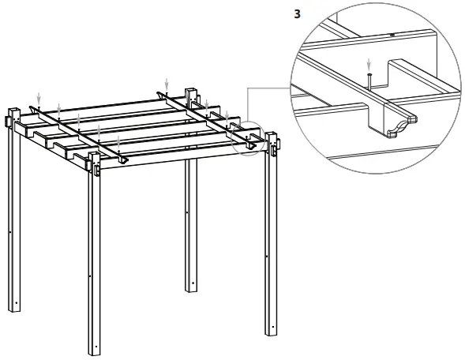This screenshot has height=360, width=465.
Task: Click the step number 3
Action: pos(296,13)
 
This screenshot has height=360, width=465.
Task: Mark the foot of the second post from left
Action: pos(94,352)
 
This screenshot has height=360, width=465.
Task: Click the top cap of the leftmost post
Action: pos(12,108)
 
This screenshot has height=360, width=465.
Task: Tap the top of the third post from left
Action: pos(190,91)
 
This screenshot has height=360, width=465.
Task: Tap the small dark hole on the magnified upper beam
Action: pos(392,36)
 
